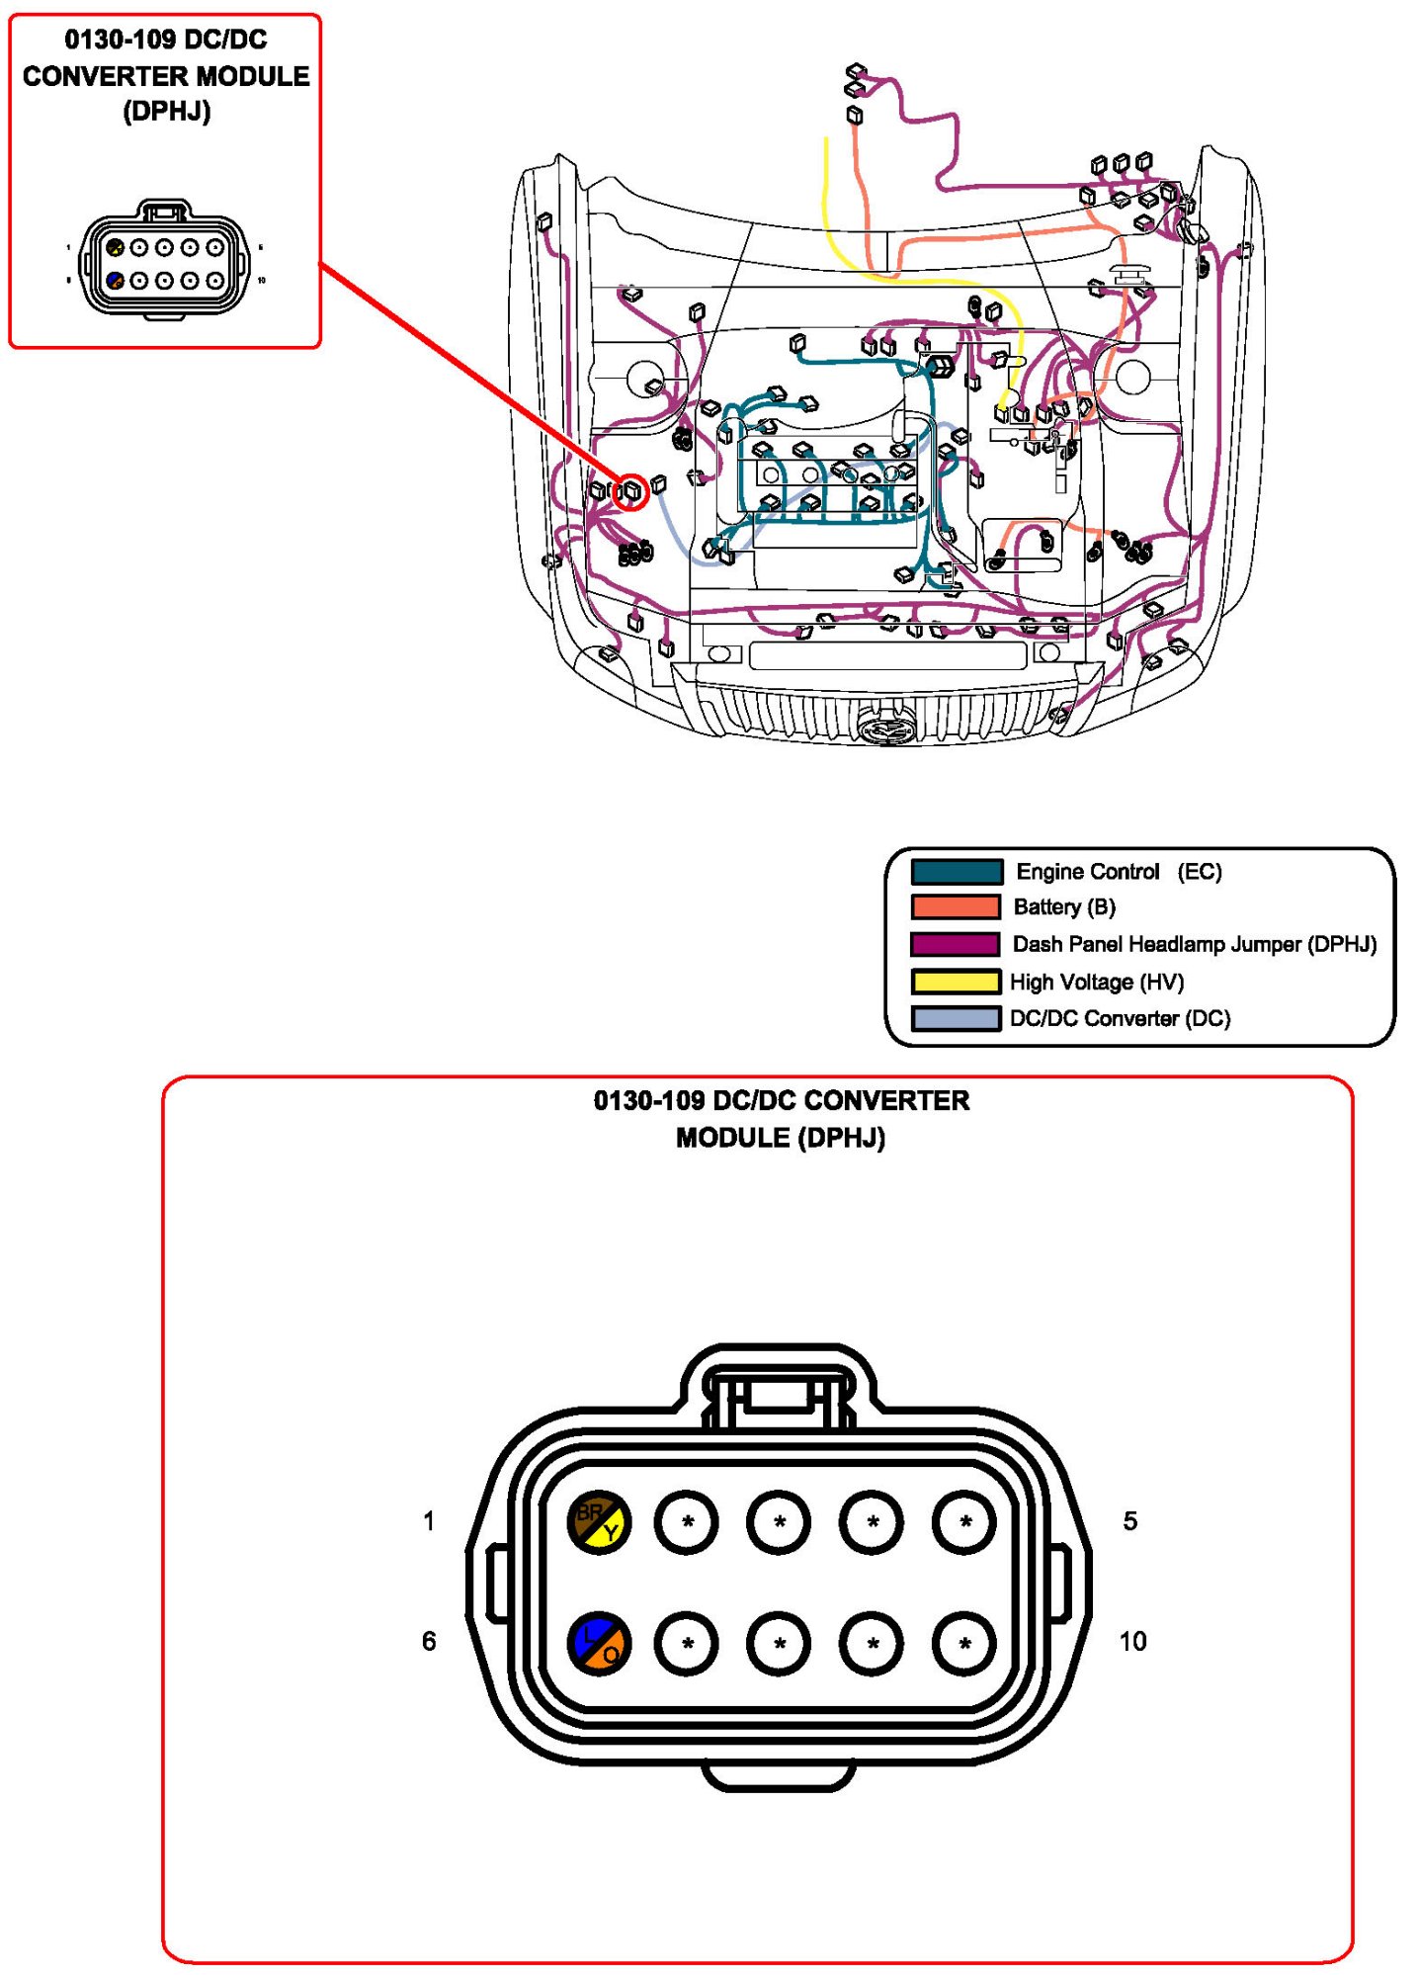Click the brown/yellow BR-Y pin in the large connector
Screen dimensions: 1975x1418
pos(599,1521)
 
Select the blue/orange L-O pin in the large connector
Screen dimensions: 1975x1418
pos(599,1644)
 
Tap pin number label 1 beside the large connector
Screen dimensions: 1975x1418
pos(429,1520)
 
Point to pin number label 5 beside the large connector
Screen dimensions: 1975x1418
pos(1129,1520)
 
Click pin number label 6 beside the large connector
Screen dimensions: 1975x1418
pos(429,1641)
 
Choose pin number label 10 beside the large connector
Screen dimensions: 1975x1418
pos(1132,1641)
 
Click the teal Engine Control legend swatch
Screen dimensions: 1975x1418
pos(956,872)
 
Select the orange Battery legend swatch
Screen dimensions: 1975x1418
pos(956,907)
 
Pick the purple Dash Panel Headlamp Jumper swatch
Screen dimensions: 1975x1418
pos(956,944)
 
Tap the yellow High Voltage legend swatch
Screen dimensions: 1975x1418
pos(956,982)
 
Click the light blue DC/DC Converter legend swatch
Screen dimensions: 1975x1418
pos(956,1018)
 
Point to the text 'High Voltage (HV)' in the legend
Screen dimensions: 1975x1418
pos(1096,982)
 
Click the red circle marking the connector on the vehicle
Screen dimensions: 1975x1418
pos(631,491)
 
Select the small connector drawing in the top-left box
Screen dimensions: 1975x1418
pos(164,261)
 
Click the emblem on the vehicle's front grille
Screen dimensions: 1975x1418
pos(888,729)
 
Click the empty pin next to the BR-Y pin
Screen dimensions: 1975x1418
pos(687,1521)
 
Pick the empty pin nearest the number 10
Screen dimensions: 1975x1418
pos(964,1644)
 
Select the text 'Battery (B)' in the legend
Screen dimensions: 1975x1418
pos(1064,907)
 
